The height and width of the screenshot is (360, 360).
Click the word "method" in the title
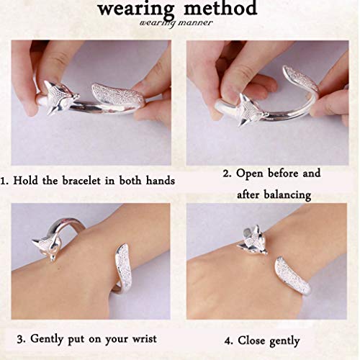point(220,9)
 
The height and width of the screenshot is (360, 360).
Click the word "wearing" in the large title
point(136,10)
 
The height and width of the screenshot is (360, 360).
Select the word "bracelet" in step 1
point(81,181)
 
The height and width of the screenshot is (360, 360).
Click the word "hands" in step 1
point(161,181)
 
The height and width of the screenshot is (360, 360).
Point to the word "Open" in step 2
point(250,174)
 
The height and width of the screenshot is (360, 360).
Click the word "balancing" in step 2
point(287,195)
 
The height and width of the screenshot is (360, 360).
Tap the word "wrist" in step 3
point(145,339)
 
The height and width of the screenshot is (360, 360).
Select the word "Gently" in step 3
point(47,339)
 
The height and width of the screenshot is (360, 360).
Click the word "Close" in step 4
point(251,341)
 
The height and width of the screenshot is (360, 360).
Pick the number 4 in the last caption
point(228,341)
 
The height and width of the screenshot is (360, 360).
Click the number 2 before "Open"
point(226,174)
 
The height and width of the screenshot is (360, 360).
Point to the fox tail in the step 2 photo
point(301,78)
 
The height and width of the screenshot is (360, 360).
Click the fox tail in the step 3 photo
point(125,269)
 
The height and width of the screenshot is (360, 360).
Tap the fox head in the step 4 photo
point(253,240)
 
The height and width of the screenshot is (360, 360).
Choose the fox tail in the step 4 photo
point(293,276)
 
